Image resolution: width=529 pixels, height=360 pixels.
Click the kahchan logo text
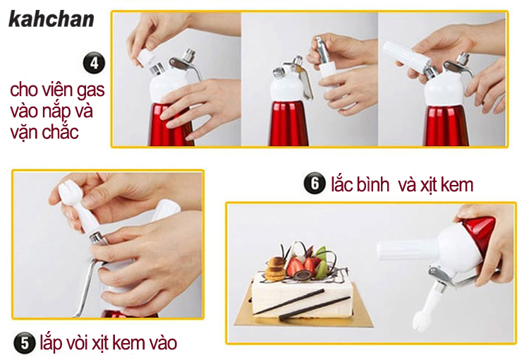51,18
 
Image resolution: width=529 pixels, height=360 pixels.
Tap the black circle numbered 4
94,63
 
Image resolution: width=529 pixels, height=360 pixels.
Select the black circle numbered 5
24,343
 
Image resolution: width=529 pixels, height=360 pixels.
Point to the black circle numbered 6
315,184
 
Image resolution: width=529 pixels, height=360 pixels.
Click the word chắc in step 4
61,131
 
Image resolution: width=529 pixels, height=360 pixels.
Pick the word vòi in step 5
78,343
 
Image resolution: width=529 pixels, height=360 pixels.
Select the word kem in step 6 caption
457,185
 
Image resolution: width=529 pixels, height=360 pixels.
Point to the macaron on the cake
276,269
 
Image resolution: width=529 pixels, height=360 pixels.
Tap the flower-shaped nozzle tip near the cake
421,321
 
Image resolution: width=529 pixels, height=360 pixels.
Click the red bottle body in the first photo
171,125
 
